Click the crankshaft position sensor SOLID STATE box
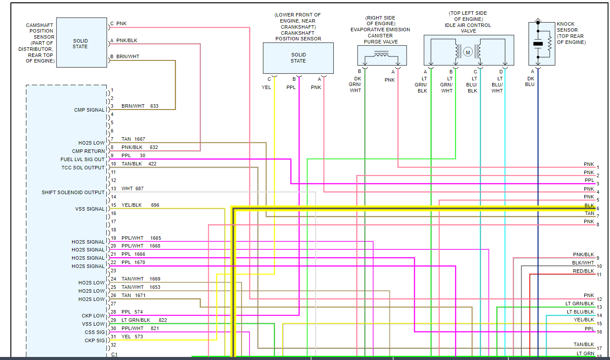point(298,58)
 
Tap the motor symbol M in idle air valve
point(468,53)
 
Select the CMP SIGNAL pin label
point(89,110)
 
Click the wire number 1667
point(140,139)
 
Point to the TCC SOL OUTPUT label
point(83,168)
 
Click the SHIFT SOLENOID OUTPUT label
point(73,192)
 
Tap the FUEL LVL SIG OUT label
point(83,159)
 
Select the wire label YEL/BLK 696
point(140,205)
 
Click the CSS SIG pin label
point(95,332)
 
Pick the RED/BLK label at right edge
point(583,271)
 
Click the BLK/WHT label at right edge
point(583,263)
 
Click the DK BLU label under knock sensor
point(530,81)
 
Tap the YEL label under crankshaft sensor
point(266,87)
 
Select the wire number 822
point(162,320)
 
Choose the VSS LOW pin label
point(93,324)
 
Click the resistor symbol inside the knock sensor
point(550,44)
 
